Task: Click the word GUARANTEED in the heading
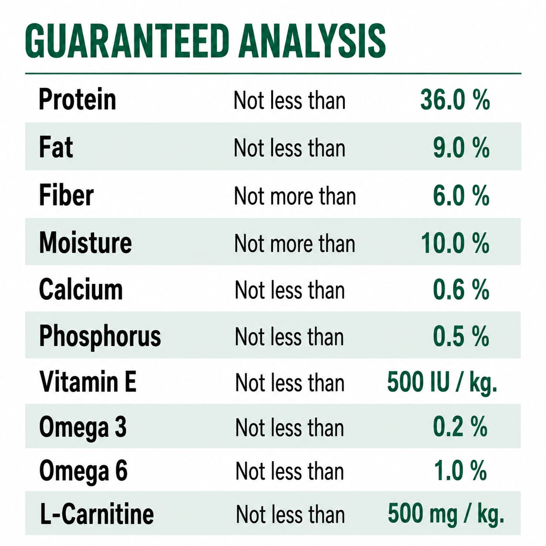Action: coord(127,41)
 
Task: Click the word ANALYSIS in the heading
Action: coord(312,41)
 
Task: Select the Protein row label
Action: coord(78,99)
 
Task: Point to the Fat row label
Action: coord(56,147)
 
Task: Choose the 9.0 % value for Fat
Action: coord(461,148)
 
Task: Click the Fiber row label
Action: coord(66,195)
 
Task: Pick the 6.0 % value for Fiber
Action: coord(461,195)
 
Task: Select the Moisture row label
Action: coord(85,243)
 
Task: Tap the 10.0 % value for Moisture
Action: coord(455,243)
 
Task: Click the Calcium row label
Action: coord(81,289)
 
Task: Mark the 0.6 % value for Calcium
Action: coord(461,290)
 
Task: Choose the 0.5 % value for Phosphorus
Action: coord(461,336)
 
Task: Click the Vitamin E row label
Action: coord(88,381)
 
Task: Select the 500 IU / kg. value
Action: coord(442,382)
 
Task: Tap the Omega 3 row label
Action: coord(83,428)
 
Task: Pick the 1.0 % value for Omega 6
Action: coord(460,471)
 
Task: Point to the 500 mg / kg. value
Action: coord(446,514)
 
